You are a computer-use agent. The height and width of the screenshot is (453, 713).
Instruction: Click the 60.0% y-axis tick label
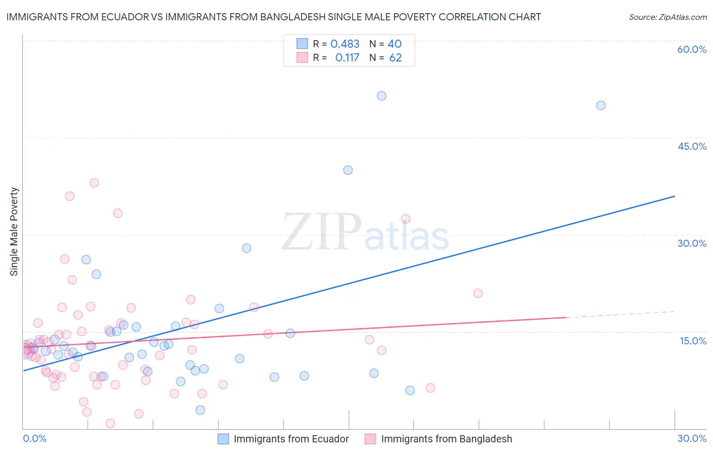pos(692,49)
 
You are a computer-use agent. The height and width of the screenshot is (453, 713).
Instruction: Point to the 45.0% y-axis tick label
pos(692,146)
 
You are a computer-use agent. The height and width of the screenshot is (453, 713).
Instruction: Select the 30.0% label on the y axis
pos(692,243)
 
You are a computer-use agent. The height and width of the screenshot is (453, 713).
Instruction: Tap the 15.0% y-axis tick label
pos(693,341)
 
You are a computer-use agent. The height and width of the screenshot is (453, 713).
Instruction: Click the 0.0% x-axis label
pos(34,438)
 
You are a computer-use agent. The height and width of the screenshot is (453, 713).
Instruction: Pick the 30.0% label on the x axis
pos(692,438)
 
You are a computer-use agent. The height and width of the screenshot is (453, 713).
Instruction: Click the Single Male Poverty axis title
pos(14,232)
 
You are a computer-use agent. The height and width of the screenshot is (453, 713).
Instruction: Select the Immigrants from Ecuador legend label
pos(291,439)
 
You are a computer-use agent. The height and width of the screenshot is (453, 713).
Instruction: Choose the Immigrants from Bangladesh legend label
pos(446,439)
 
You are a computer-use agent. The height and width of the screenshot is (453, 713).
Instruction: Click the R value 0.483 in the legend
pos(345,44)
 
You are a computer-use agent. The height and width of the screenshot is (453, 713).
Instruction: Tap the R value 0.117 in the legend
pos(347,58)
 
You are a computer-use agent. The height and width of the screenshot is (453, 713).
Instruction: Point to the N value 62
pos(395,58)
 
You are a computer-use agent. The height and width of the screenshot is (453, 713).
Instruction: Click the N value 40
pos(395,44)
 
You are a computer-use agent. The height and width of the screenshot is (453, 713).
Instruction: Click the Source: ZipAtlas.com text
pos(667,17)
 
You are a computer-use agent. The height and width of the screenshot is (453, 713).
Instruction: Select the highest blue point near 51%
pos(381,96)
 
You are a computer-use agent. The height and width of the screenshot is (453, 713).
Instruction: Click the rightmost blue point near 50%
pos(601,106)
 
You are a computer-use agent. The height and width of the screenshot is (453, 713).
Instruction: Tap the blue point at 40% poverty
pos(348,170)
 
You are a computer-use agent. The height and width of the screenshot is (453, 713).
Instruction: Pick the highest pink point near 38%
pos(94,183)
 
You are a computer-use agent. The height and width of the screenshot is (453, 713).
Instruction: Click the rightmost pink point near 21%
pos(478,293)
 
